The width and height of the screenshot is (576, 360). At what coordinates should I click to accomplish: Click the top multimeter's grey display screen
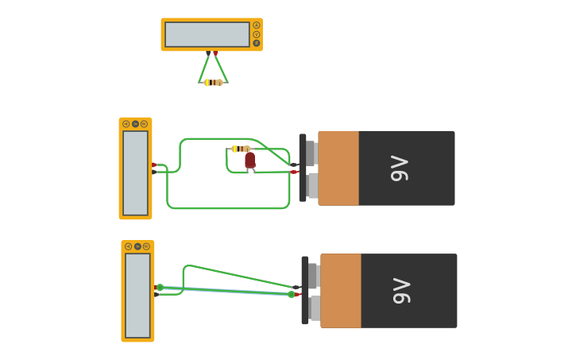click(x=207, y=34)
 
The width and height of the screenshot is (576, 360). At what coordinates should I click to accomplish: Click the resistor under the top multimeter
click(x=213, y=83)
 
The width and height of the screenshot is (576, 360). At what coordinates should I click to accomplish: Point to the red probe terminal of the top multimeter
click(x=215, y=53)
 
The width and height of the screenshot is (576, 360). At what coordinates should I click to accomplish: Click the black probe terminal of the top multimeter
click(x=208, y=53)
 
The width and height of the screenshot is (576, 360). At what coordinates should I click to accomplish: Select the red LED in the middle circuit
click(x=249, y=160)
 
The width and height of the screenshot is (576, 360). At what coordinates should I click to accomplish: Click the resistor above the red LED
click(x=241, y=149)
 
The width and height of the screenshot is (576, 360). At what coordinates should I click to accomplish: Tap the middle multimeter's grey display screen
click(x=135, y=172)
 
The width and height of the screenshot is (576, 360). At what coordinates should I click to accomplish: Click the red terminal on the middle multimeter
click(x=154, y=165)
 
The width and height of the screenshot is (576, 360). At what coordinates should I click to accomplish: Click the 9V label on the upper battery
click(x=399, y=168)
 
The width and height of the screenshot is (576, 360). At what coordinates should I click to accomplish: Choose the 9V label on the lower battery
click(x=401, y=291)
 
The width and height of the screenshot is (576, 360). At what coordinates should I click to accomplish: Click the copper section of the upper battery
click(x=338, y=168)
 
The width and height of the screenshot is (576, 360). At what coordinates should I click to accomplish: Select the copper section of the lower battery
click(x=341, y=291)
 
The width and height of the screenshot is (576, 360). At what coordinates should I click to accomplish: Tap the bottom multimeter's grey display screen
click(x=137, y=295)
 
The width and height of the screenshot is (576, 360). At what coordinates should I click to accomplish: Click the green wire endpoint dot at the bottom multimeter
click(x=160, y=287)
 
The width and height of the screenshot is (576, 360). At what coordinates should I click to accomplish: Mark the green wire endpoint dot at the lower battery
click(x=292, y=294)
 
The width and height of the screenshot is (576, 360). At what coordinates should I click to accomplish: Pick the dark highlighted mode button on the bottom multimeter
click(x=137, y=246)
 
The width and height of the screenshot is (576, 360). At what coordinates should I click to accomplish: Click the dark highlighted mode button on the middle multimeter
click(x=135, y=124)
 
